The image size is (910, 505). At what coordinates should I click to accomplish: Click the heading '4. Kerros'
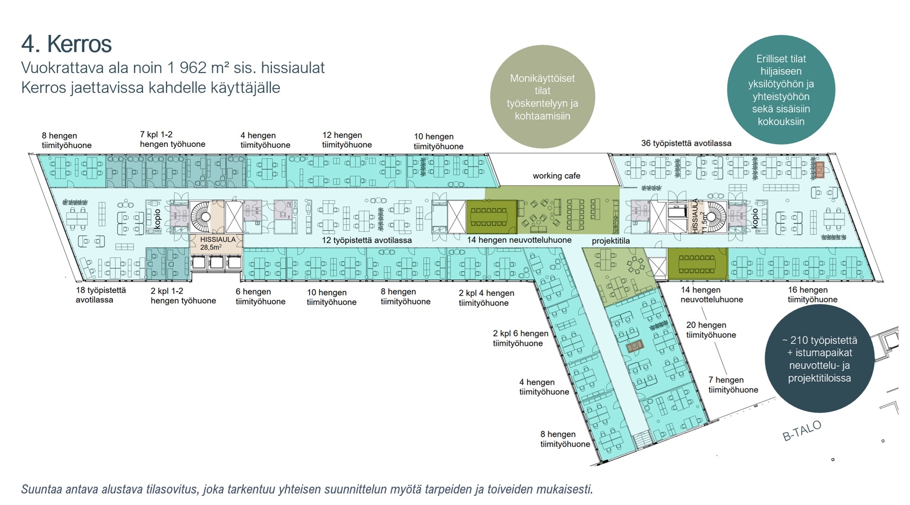click(66, 44)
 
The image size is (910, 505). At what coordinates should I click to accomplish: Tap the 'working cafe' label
click(556, 176)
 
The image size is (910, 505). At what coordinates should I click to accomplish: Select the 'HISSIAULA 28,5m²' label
click(217, 243)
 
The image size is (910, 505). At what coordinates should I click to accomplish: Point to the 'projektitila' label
click(610, 241)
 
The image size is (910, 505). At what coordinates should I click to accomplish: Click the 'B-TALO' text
click(801, 431)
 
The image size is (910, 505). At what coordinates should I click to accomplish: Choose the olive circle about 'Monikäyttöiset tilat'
click(542, 97)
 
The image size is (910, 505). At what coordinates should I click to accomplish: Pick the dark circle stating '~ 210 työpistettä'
click(819, 359)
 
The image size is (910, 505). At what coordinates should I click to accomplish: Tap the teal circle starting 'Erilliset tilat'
click(781, 90)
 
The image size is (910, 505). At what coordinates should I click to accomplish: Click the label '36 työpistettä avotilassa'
click(686, 143)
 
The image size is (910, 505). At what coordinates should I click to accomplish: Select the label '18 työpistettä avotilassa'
click(100, 295)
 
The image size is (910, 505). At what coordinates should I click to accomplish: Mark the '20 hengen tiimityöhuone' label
click(711, 330)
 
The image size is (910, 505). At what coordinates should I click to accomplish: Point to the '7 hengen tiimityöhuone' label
click(733, 385)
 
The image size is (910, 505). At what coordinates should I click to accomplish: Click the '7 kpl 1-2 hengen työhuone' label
click(173, 139)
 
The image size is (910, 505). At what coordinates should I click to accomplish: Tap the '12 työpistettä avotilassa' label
click(366, 240)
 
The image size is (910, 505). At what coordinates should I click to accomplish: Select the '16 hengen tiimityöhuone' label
click(812, 294)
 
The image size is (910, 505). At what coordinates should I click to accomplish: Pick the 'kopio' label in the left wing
click(157, 219)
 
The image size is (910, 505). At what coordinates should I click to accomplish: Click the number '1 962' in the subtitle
click(186, 68)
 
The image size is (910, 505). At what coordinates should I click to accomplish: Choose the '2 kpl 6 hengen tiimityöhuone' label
click(520, 339)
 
